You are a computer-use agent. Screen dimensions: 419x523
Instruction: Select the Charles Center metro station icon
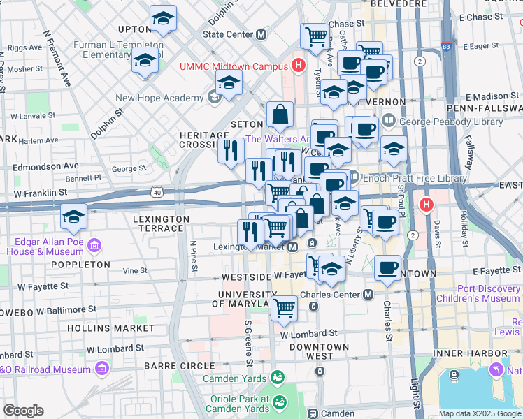coord(368,295)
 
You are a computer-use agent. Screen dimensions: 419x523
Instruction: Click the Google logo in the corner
coord(23,411)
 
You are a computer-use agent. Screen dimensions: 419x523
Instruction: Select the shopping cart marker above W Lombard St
coord(284,307)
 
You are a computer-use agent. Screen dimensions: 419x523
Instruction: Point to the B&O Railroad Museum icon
coord(103,367)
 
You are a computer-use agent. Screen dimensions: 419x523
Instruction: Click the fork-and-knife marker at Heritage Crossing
coord(231,149)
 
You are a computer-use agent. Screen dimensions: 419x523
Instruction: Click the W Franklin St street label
coord(43,192)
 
